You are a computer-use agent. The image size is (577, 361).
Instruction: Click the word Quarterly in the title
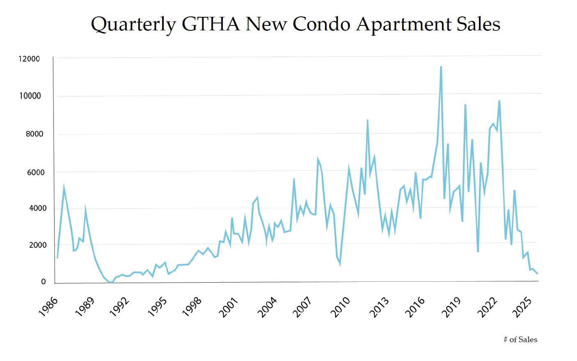pos(133,25)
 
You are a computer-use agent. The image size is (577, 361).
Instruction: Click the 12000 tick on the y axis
pos(29,59)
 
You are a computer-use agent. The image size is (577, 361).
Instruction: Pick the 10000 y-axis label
pos(30,96)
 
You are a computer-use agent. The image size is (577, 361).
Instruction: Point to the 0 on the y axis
pos(43,282)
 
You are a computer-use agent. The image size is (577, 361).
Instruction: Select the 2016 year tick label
pos(415,306)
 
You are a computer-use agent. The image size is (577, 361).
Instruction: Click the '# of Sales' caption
pos(520,340)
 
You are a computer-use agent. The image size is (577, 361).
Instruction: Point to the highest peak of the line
pos(441,67)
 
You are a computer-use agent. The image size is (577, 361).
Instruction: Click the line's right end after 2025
pos(537,273)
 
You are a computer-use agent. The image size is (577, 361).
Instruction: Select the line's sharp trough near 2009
pos(340,263)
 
